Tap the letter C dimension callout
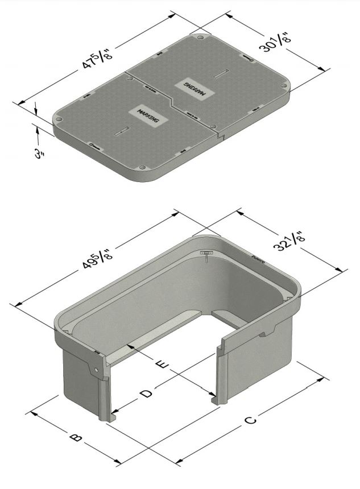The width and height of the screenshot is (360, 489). [x=250, y=421]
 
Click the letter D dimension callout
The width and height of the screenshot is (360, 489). [x=147, y=393]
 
